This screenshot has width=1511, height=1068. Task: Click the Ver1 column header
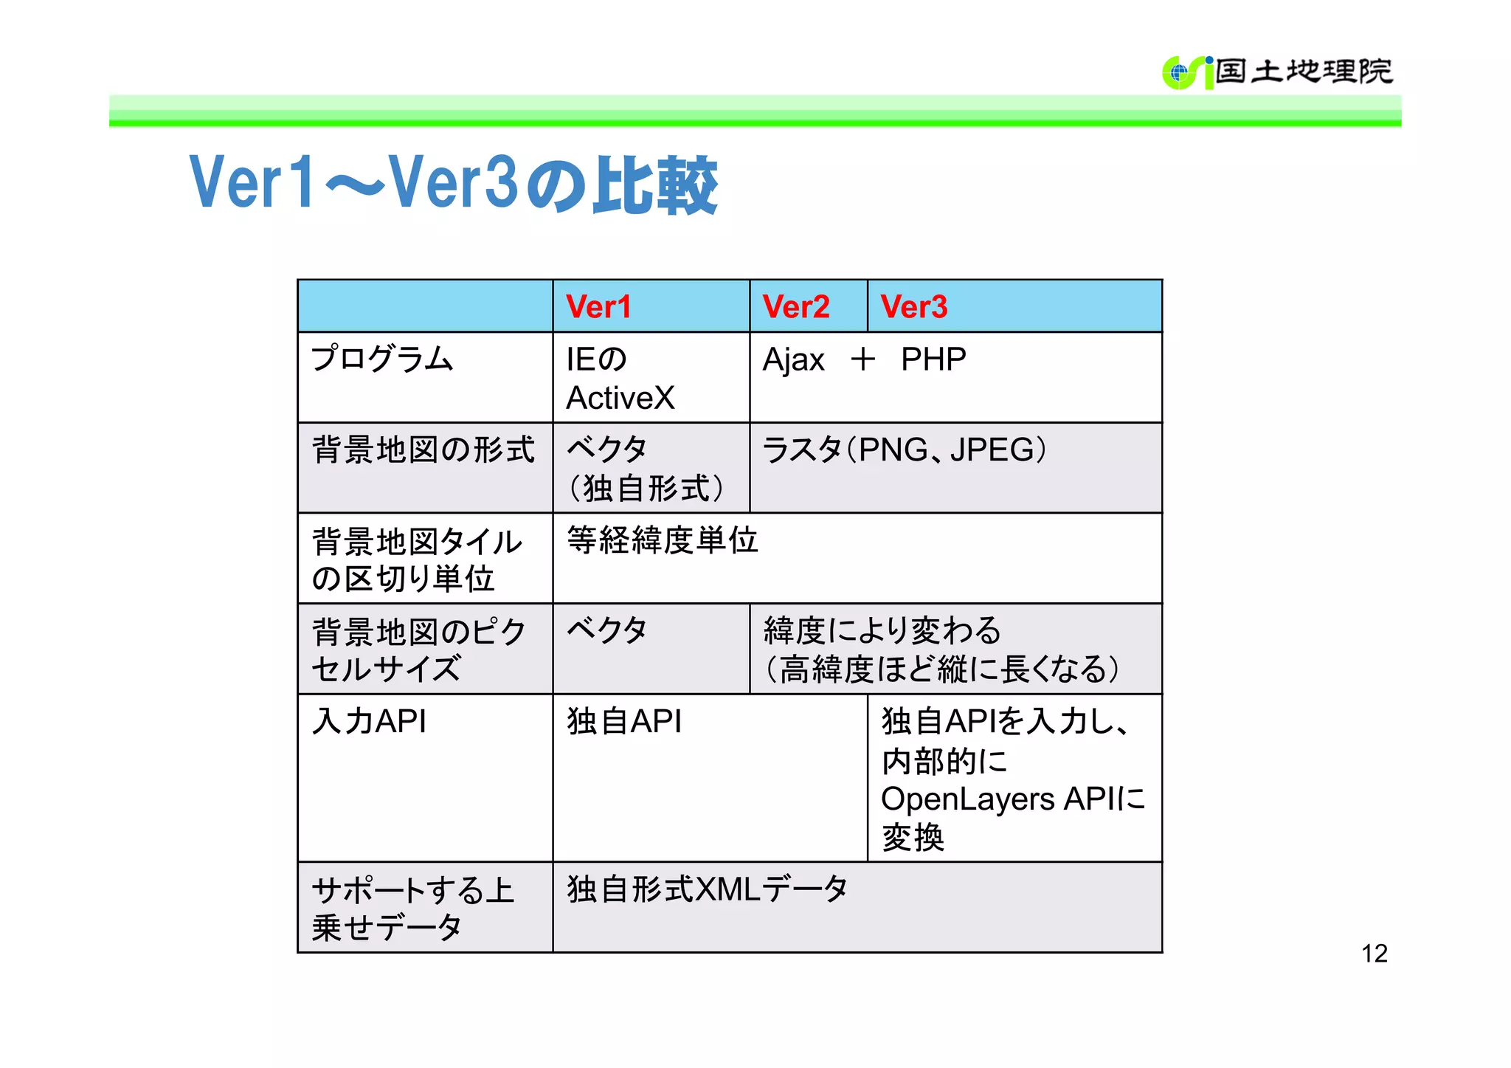[598, 307]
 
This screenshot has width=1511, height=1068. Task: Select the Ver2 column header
[796, 307]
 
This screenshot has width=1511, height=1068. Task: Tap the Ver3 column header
[914, 307]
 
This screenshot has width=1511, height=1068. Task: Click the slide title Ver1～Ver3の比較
[453, 184]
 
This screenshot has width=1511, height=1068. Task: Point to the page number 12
[1374, 954]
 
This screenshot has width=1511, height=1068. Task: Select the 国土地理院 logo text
[1304, 72]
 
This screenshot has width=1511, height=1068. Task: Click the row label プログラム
[382, 359]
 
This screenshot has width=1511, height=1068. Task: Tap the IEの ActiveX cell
[620, 379]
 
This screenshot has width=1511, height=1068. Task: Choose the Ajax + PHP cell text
[864, 360]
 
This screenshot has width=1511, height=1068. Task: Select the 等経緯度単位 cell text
[662, 540]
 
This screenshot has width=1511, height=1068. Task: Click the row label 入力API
[369, 721]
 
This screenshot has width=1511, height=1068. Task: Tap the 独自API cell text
[624, 721]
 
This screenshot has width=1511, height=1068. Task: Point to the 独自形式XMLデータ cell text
[707, 889]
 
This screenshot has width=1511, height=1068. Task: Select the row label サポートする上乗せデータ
[412, 908]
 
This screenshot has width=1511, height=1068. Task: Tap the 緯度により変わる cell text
[882, 631]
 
